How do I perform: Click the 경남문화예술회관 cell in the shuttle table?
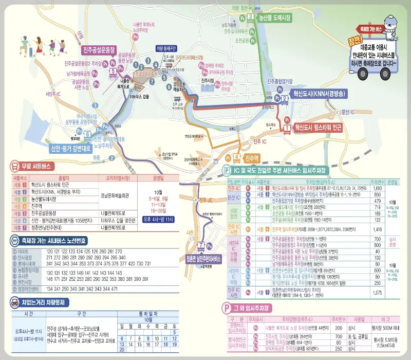pos(118,195)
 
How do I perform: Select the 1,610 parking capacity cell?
pos(377,189)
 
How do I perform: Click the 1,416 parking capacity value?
pos(377,229)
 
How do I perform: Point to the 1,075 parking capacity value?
pos(377,293)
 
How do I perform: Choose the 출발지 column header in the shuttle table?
pos(62,177)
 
